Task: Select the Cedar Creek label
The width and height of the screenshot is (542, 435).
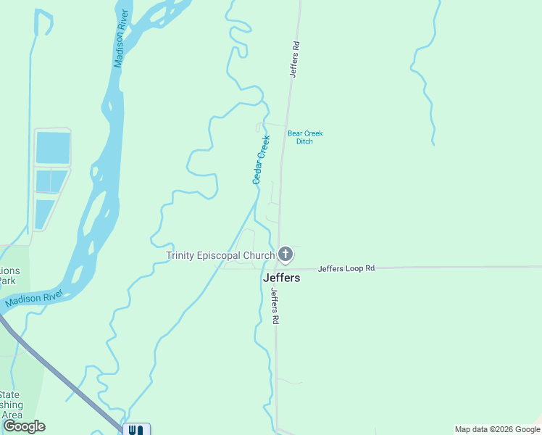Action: pos(261,159)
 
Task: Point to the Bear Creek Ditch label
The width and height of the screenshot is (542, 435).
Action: pos(305,137)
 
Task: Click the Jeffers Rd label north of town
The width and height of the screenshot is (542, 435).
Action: pos(294,58)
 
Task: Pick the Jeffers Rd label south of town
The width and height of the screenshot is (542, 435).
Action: pos(275,306)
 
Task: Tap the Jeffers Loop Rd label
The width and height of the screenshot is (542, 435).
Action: pos(346,268)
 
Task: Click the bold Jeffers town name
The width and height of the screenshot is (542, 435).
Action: pos(281,278)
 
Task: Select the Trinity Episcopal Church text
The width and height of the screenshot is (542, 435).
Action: pos(220,255)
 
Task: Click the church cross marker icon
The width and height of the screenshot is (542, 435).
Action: pos(285,254)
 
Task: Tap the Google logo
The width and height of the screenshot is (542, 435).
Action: pos(24,426)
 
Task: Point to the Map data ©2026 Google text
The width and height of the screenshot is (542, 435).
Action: pos(496,429)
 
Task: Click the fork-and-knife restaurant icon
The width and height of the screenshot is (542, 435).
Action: pos(136,430)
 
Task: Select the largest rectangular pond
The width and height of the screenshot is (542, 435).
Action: pos(53,148)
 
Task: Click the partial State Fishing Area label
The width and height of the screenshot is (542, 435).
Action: pos(11,405)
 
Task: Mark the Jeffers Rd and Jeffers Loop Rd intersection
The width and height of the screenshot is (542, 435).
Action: pos(277,268)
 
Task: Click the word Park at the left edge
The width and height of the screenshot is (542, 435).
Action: pos(7,281)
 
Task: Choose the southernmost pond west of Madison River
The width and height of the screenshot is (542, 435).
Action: pos(44,214)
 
